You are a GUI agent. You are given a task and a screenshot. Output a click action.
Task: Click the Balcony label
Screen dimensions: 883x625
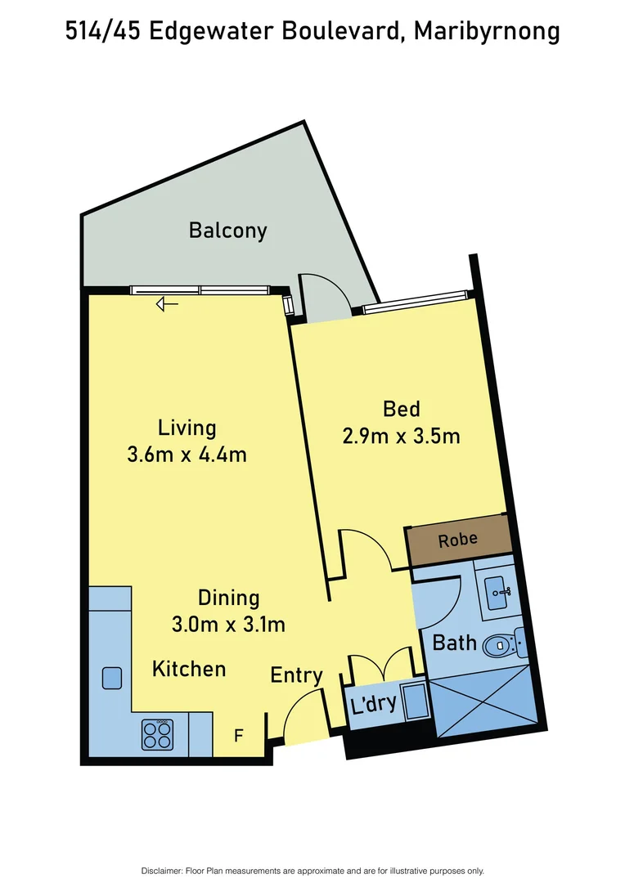(x=227, y=231)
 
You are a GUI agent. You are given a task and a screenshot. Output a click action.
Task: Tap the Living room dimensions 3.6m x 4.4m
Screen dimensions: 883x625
(x=187, y=455)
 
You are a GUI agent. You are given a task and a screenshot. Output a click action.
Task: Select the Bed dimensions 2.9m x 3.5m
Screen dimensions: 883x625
(x=401, y=436)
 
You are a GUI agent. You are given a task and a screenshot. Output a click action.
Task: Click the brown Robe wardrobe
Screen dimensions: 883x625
(x=458, y=541)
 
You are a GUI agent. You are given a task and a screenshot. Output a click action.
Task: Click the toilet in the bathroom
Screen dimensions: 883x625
(x=501, y=646)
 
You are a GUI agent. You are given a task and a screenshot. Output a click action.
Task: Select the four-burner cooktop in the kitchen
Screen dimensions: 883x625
(x=157, y=733)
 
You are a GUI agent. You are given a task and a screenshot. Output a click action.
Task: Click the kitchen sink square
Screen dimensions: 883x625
(x=112, y=678)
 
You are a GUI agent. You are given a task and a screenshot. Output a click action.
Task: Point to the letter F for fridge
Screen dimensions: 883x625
(x=239, y=736)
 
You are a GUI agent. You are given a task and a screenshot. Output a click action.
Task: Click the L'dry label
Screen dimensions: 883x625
(x=374, y=704)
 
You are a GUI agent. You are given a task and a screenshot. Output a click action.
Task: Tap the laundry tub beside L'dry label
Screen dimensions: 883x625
(x=416, y=702)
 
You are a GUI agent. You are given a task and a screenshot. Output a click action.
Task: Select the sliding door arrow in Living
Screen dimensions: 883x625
(x=168, y=304)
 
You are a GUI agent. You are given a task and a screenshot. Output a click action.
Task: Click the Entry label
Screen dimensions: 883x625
(x=296, y=675)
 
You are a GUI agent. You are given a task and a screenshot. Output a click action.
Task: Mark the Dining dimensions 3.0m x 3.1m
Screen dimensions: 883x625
(x=228, y=625)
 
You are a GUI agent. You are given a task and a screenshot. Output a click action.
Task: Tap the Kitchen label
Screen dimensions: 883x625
(x=189, y=669)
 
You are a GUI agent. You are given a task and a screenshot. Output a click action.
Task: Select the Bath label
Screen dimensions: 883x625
(x=454, y=643)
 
